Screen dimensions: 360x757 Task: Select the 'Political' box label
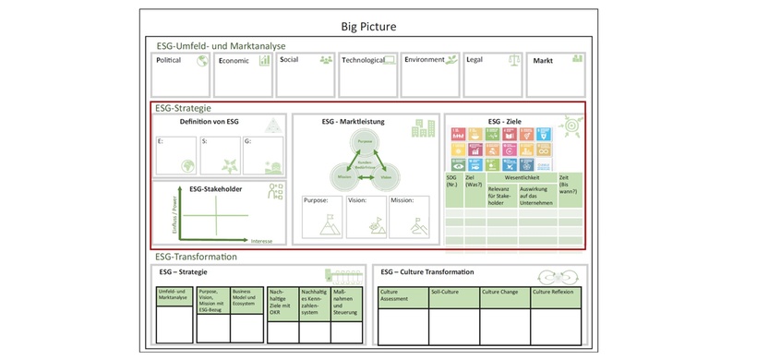tap(169, 60)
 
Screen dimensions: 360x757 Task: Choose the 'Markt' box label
tap(544, 60)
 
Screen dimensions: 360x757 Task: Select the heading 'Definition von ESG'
tap(209, 122)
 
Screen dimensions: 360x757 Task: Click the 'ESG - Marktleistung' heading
tap(354, 122)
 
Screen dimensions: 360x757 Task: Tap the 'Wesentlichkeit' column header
tap(523, 178)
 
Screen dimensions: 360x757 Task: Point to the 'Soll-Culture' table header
tap(445, 292)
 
